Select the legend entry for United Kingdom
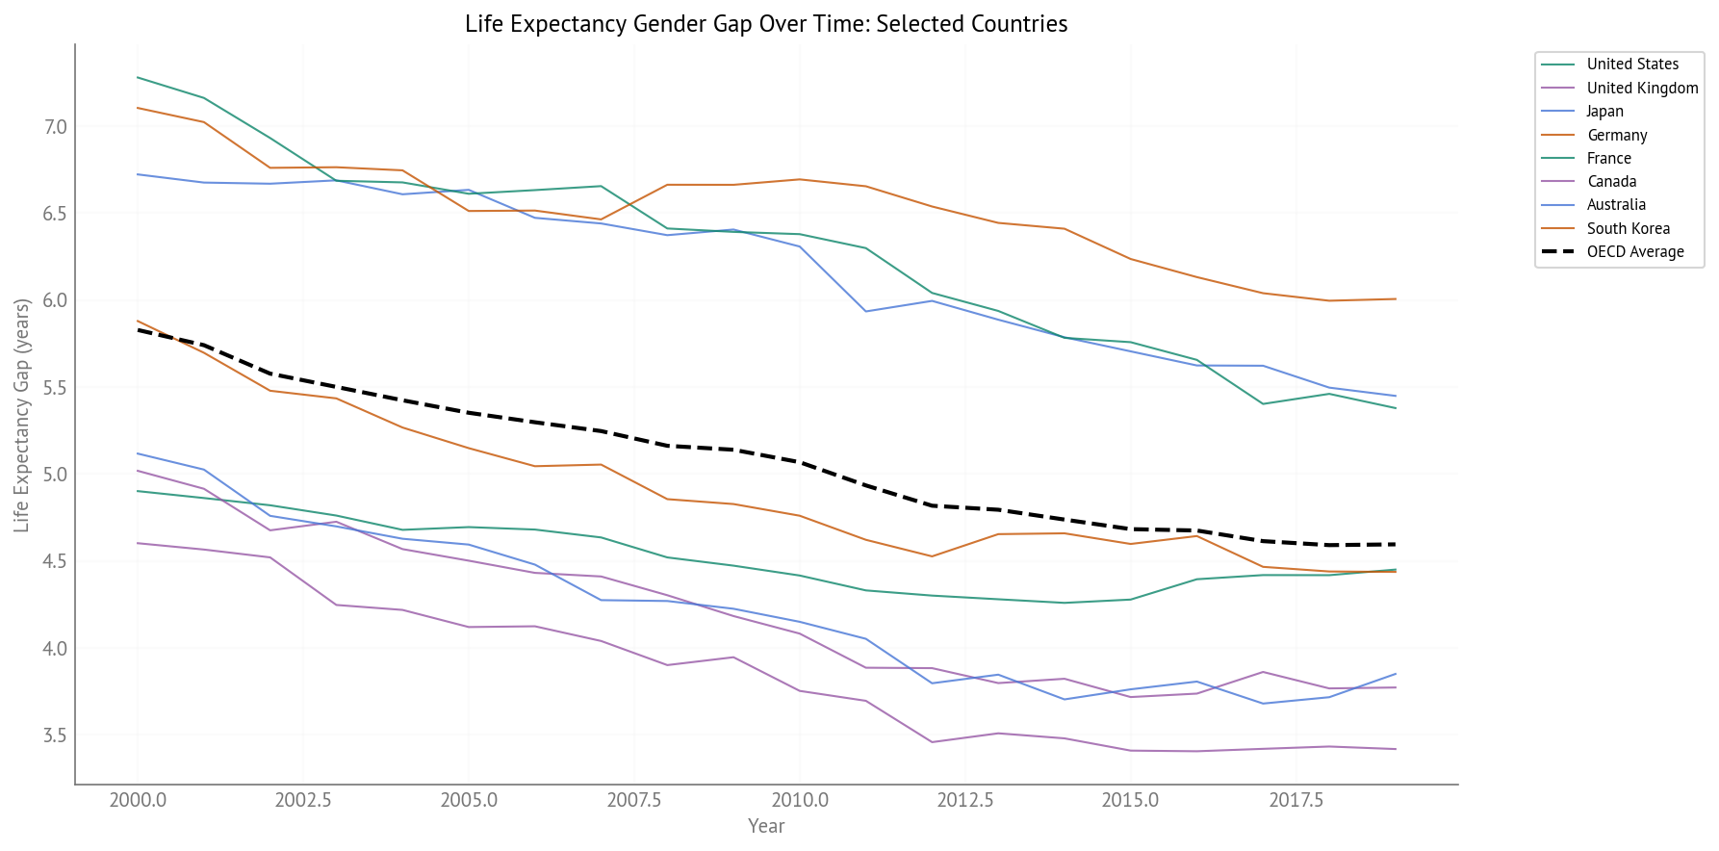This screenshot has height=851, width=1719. (1642, 88)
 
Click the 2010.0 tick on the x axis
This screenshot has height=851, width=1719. (799, 801)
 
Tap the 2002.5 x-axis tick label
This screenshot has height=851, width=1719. (303, 801)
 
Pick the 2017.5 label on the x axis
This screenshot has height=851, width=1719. (1296, 801)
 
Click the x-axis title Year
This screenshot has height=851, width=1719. (766, 826)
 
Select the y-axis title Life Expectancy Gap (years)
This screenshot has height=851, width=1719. (21, 415)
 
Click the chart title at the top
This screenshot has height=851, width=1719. (766, 23)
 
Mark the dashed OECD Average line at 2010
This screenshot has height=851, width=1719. (799, 462)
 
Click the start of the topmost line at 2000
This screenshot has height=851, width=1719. (138, 77)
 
